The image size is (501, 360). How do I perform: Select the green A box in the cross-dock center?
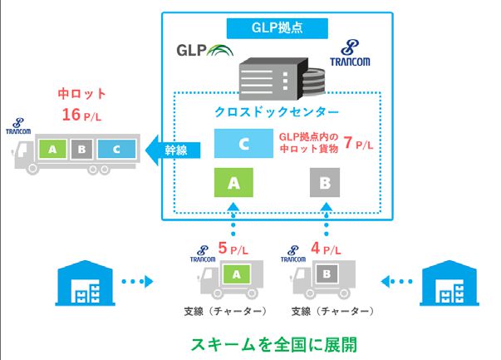coord(234,180)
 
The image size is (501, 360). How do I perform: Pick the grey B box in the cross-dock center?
coord(325,180)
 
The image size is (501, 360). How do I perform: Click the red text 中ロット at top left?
coord(82,94)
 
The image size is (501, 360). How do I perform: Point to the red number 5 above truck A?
coord(223,247)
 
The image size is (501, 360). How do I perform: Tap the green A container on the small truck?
coord(237,273)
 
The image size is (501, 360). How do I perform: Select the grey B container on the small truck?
coord(328,273)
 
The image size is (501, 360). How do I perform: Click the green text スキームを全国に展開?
coord(273,343)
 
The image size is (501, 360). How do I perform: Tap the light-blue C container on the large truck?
coord(115,150)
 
